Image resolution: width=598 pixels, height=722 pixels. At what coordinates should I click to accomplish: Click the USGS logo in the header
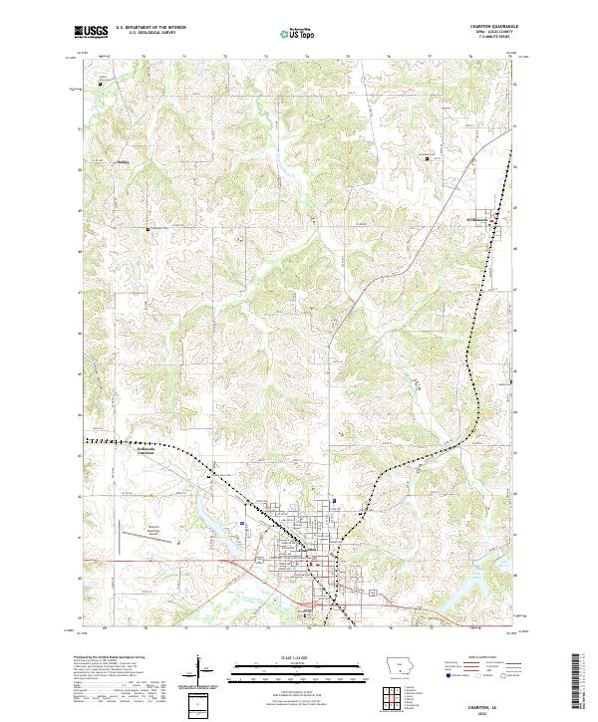[x=91, y=32]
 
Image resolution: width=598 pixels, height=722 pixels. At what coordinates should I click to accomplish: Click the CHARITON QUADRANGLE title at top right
[x=496, y=27]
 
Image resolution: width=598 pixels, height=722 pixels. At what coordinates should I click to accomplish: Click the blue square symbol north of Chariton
[x=335, y=501]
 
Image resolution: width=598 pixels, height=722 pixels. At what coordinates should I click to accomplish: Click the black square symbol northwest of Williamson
[x=427, y=158]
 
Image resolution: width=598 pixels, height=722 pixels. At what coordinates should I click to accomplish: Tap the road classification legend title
[x=488, y=659]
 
